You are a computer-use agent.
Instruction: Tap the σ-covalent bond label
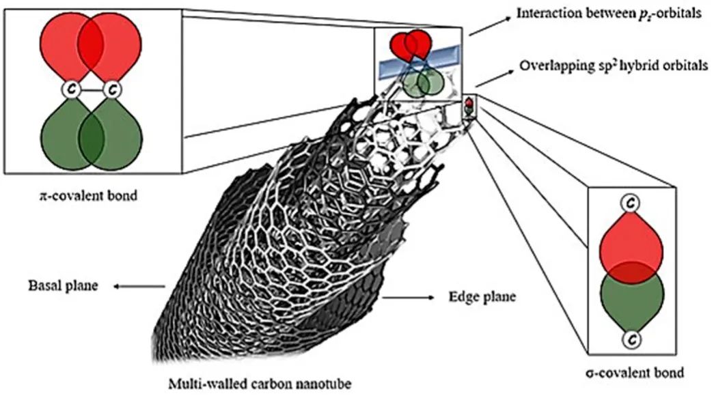tap(635, 373)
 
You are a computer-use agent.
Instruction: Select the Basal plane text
tap(62, 286)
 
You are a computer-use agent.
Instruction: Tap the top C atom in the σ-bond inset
tap(631, 203)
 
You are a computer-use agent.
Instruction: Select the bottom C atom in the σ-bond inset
tap(631, 339)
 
